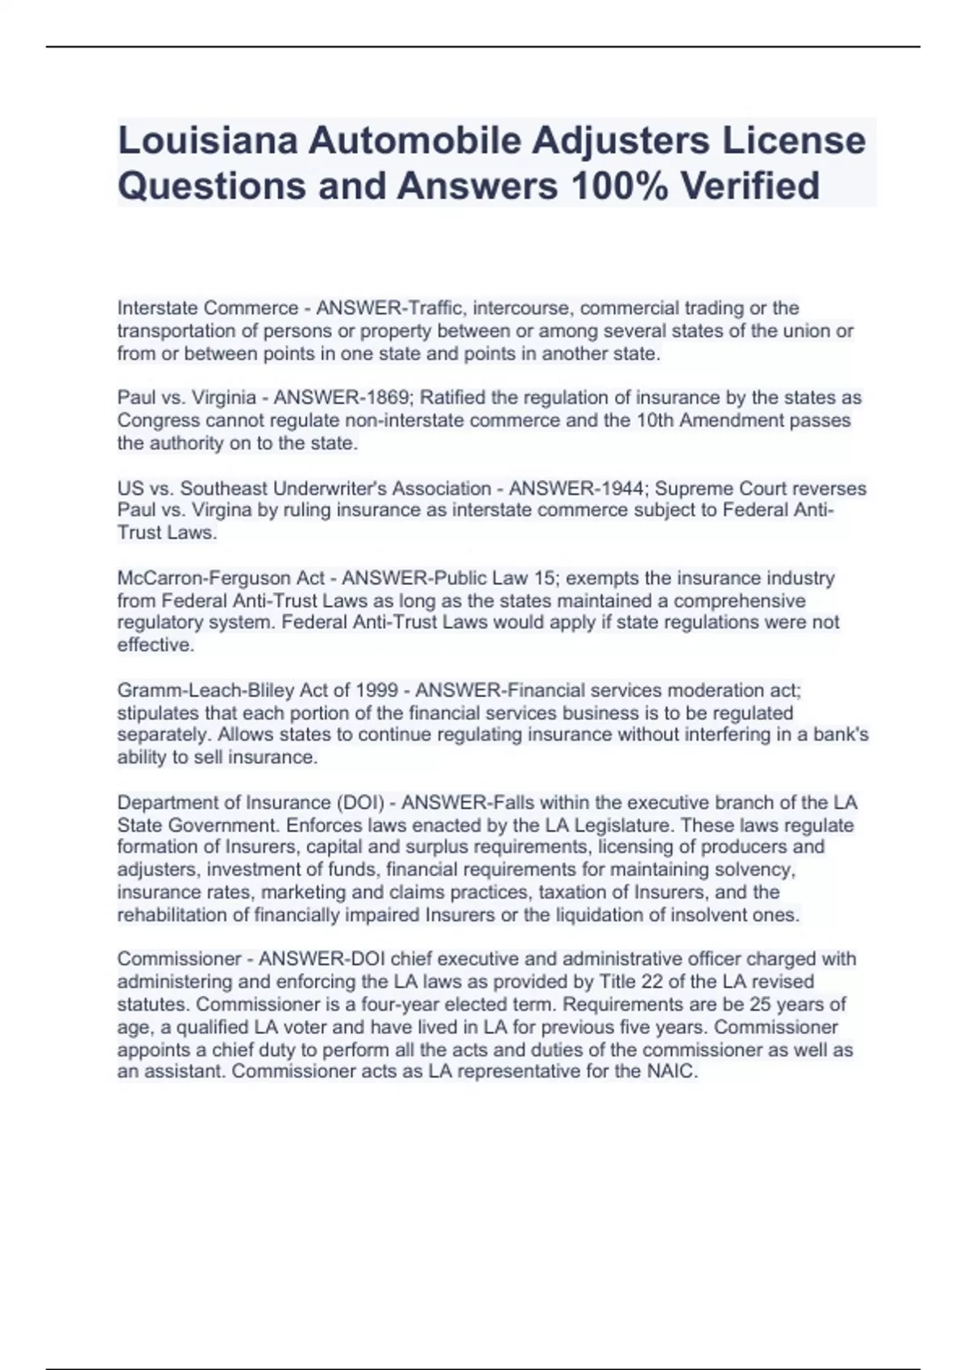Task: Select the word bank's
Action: pos(840,735)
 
